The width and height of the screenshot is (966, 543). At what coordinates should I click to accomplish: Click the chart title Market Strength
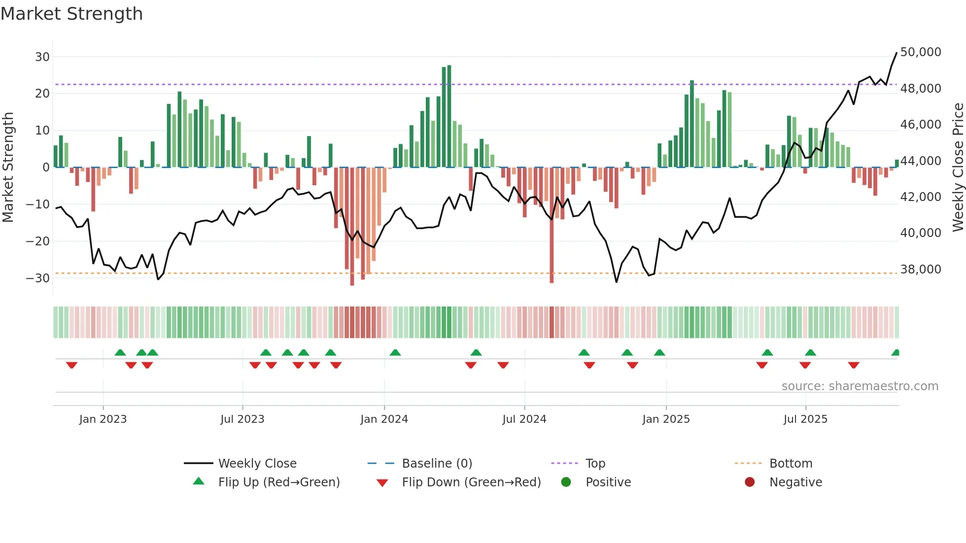71,14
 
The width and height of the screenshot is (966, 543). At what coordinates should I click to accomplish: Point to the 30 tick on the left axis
42,57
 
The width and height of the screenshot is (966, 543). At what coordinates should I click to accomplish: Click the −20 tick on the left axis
38,241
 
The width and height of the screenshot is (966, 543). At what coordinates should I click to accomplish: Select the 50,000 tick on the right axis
920,52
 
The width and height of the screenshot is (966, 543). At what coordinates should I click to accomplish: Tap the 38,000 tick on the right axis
920,270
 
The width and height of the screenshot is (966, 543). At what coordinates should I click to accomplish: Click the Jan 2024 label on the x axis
384,419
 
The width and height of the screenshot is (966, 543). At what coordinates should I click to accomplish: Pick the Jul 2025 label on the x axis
805,419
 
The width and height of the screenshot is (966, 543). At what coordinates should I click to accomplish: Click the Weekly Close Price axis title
958,168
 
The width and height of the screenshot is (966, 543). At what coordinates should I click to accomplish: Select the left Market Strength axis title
8,168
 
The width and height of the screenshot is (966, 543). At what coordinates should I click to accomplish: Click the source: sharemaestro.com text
860,386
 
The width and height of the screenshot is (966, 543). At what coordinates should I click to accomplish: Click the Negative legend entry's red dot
750,482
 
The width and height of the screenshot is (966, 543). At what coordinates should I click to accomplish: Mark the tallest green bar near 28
449,116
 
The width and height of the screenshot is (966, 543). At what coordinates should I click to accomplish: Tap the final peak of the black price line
896,53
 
